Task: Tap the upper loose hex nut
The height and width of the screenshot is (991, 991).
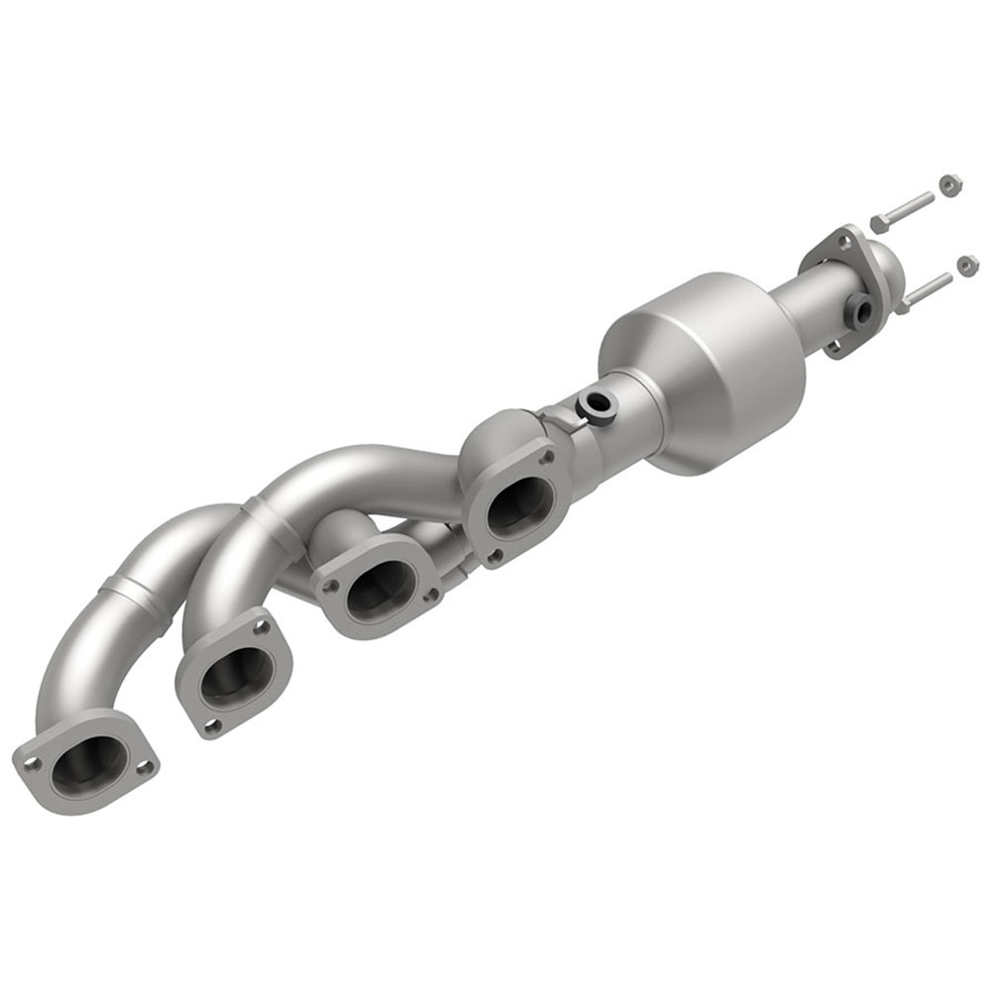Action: [947, 185]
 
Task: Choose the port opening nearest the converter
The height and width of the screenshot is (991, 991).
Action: [518, 506]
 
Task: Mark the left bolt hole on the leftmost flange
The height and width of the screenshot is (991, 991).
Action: [33, 764]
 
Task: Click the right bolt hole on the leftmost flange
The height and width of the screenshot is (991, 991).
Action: [144, 766]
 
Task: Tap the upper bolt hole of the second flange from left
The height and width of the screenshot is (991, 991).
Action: [262, 626]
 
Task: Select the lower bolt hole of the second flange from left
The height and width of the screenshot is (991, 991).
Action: [210, 726]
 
